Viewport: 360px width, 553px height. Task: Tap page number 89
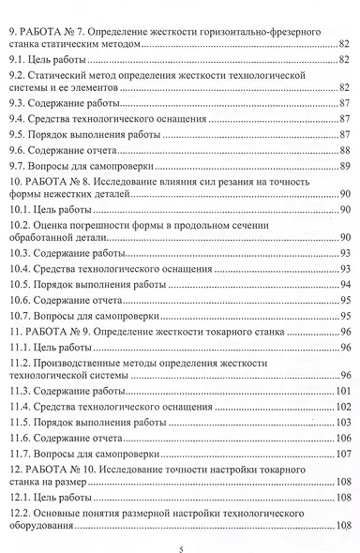click(x=345, y=165)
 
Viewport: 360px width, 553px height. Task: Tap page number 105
click(x=343, y=421)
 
